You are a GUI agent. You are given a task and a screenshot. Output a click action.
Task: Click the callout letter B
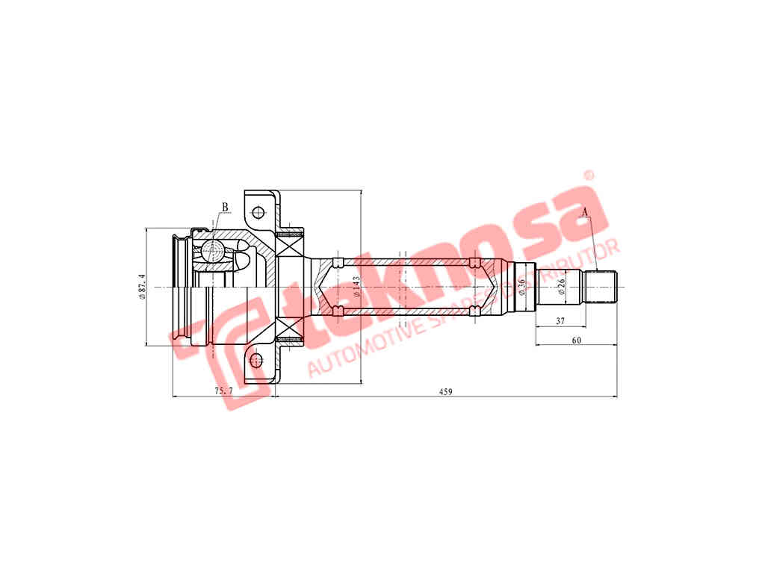pos(225,208)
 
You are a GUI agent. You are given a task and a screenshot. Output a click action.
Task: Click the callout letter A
pos(585,211)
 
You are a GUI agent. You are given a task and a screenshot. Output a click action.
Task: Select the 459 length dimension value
pos(445,391)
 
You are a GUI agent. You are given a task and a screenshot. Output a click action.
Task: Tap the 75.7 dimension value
pos(224,391)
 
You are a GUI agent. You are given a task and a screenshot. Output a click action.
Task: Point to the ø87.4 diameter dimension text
pos(142,286)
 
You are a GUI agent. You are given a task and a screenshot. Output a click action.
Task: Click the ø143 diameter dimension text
pos(356,287)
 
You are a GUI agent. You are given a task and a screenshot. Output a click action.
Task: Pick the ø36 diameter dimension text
pos(521,286)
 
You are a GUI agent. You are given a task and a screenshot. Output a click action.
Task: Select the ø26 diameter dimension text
pos(562,286)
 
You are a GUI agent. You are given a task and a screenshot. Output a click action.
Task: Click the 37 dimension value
pos(560,321)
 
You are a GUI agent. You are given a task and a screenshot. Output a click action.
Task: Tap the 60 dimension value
pos(576,341)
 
